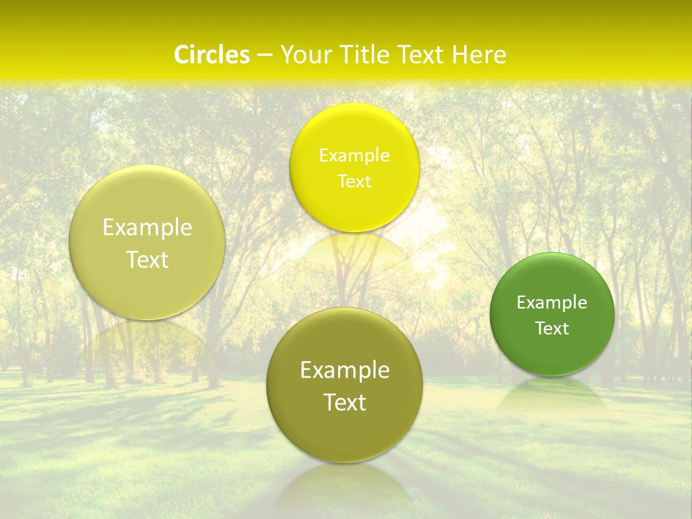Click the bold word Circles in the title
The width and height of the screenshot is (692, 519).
point(212,55)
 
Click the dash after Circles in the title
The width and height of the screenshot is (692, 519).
point(265,56)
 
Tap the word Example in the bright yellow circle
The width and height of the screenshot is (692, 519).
point(355,155)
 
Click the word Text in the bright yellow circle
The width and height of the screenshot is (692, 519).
point(355,181)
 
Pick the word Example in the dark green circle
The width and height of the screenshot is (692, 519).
point(552,302)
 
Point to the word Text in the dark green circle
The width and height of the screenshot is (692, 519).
point(552,328)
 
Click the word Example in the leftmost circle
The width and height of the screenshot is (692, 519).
point(147,227)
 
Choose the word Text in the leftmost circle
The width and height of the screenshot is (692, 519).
point(147,259)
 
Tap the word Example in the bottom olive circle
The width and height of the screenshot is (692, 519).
point(345,370)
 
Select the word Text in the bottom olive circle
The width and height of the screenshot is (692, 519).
point(345,402)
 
